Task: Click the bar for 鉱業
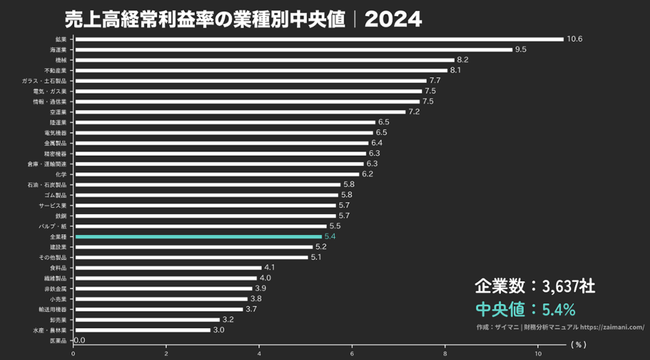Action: tap(319, 39)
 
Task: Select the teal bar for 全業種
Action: tap(198, 237)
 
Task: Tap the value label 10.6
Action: tap(574, 39)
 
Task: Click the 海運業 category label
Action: tap(62, 49)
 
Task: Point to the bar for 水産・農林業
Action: tap(142, 330)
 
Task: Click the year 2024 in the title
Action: tap(393, 19)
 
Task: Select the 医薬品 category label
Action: tap(62, 341)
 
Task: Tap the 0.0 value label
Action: tap(80, 340)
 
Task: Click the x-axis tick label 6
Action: tap(352, 353)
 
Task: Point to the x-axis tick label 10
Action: tap(538, 353)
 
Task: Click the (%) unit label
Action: tap(579, 345)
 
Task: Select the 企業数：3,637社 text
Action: tap(534, 286)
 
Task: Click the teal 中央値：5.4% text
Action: tap(525, 309)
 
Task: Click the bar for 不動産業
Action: tap(260, 70)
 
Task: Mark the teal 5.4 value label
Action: tap(329, 237)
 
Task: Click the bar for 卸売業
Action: tap(147, 320)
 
